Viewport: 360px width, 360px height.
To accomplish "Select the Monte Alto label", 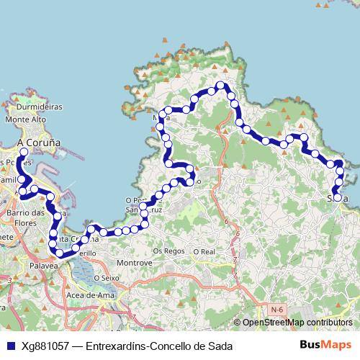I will pos(25,119).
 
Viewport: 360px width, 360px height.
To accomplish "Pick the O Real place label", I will pos(204,251).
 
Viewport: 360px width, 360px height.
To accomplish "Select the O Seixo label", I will pos(104,277).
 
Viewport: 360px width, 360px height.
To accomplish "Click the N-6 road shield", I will pos(276,310).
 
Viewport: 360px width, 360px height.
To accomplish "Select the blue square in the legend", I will pos(10,346).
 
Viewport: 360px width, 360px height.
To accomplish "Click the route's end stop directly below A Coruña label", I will pos(24,153).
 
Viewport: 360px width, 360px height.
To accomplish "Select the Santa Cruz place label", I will pos(138,209).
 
